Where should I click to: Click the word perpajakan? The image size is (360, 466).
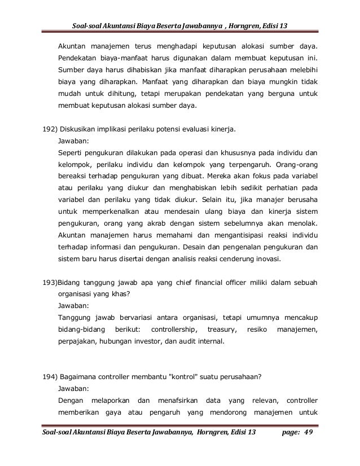point(79,341)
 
